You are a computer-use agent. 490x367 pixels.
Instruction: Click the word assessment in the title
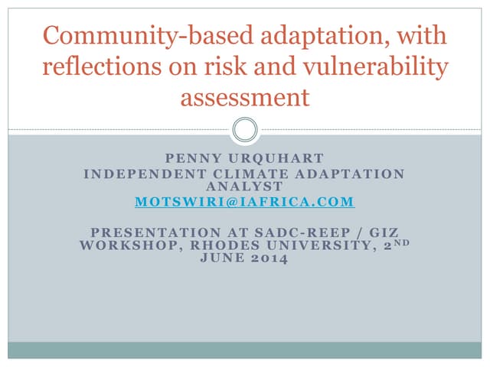pyautogui.click(x=244, y=98)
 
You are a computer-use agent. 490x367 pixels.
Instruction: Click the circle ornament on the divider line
pyautogui.click(x=244, y=129)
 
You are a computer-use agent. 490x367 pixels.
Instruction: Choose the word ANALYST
pyautogui.click(x=244, y=186)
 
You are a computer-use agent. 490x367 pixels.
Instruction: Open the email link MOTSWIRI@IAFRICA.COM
pyautogui.click(x=244, y=202)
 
